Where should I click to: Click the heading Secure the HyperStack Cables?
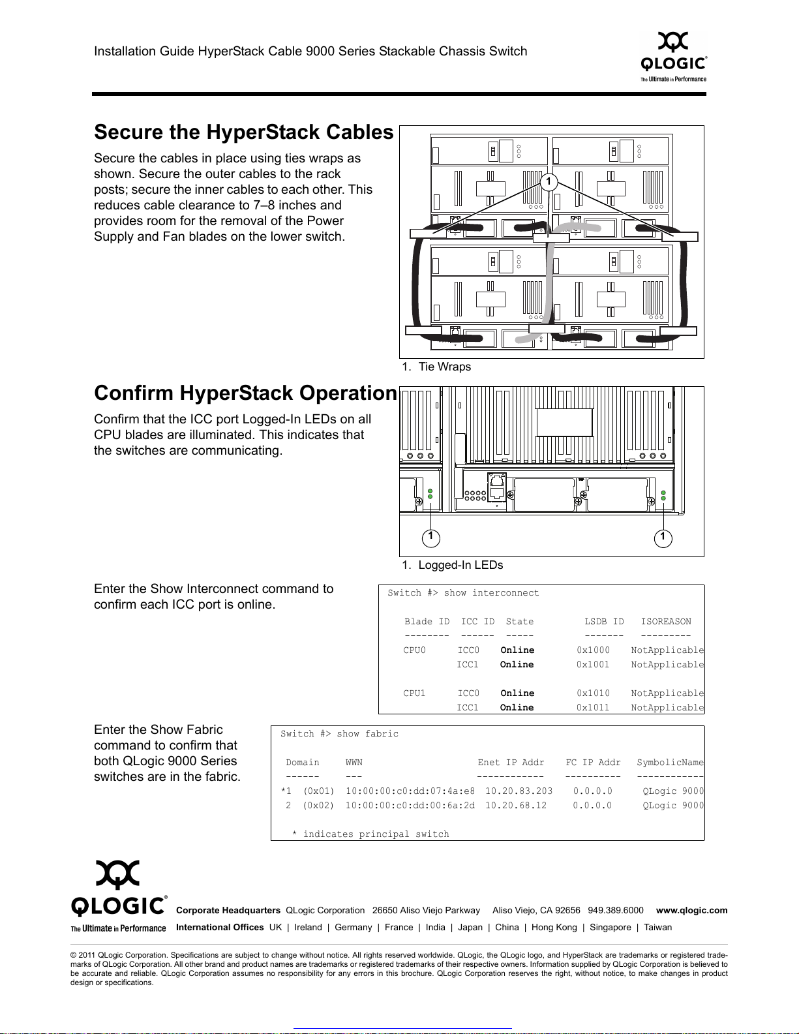pyautogui.click(x=243, y=132)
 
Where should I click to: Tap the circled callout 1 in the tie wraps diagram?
pyautogui.click(x=549, y=181)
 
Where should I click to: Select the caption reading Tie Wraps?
pyautogui.click(x=444, y=367)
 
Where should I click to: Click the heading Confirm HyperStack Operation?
pyautogui.click(x=245, y=393)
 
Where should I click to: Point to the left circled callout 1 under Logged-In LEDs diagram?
pyautogui.click(x=430, y=538)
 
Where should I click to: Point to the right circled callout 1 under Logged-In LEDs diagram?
pyautogui.click(x=663, y=538)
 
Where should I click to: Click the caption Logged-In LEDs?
pyautogui.click(x=460, y=565)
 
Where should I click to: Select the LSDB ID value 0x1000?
pyautogui.click(x=593, y=650)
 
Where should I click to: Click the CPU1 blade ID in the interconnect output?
pyautogui.click(x=414, y=693)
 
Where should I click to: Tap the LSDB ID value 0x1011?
pyautogui.click(x=593, y=708)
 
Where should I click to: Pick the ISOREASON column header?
pyautogui.click(x=665, y=622)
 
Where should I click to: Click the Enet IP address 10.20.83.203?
pyautogui.click(x=519, y=791)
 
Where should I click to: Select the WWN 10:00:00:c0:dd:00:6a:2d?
pyautogui.click(x=410, y=806)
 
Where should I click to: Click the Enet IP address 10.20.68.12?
pyautogui.click(x=515, y=806)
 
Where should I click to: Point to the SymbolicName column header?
pyautogui.click(x=670, y=763)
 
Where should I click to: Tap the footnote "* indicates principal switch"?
pyautogui.click(x=370, y=834)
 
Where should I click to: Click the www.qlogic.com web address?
pyautogui.click(x=691, y=910)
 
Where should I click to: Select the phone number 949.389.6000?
pyautogui.click(x=615, y=910)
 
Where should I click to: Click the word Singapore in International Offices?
pyautogui.click(x=610, y=927)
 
